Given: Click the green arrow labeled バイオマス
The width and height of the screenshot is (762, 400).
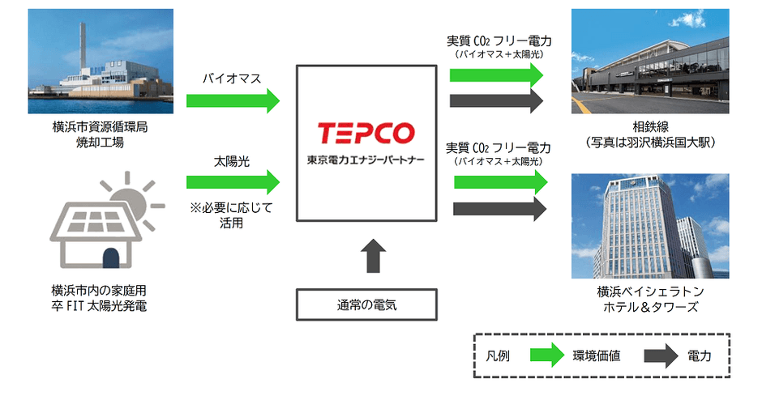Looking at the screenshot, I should (x=233, y=101).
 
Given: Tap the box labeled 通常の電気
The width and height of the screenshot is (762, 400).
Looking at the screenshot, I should (x=367, y=305).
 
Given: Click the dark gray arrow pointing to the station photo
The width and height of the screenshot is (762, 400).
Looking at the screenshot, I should (x=496, y=101).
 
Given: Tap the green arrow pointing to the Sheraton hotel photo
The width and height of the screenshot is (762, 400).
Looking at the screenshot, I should (x=496, y=182).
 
